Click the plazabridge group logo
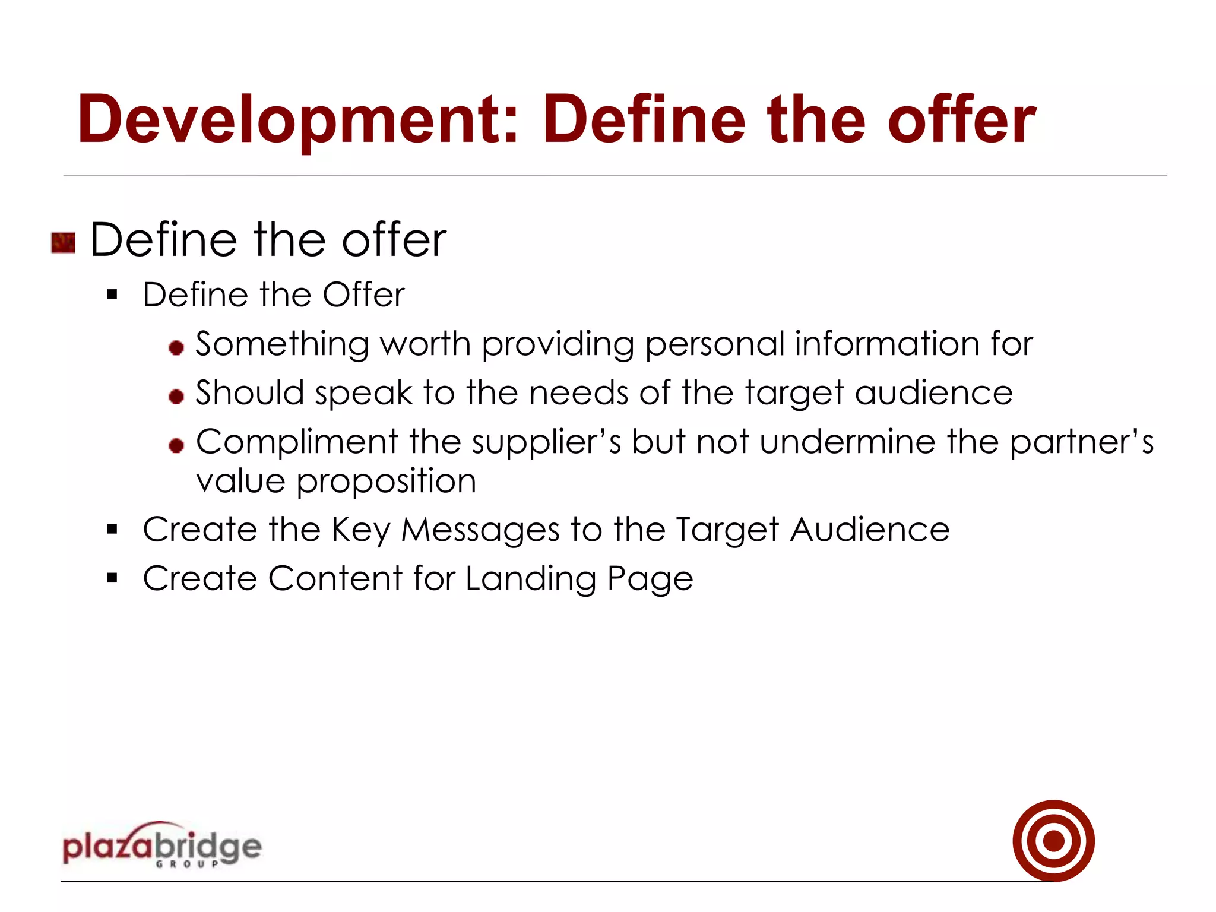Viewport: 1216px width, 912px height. [161, 845]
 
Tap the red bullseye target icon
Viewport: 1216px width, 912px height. [1053, 840]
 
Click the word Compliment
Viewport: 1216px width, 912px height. [297, 442]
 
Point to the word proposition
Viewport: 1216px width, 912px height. [386, 482]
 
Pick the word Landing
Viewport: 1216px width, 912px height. [531, 579]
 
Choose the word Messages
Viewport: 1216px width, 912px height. [480, 530]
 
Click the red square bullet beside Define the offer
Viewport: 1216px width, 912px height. [64, 243]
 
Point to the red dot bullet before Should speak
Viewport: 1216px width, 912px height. [176, 396]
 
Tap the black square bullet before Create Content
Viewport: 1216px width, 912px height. [112, 578]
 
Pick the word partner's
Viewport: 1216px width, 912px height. [1081, 442]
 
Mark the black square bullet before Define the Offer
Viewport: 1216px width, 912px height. [112, 294]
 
